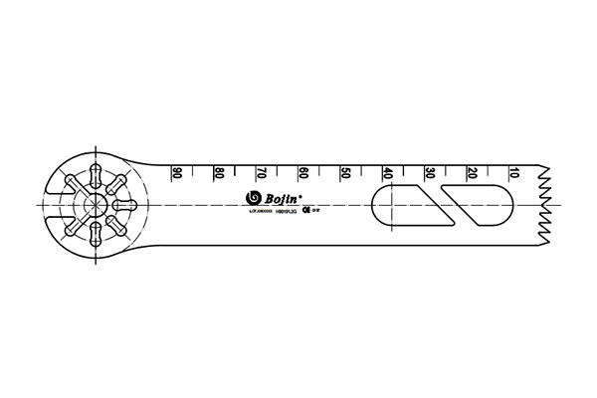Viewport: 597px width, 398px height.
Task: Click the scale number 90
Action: pyautogui.click(x=177, y=172)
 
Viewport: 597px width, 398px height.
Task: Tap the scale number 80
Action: pyautogui.click(x=219, y=172)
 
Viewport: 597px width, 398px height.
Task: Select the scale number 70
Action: pyautogui.click(x=261, y=172)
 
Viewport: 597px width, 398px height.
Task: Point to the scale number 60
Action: pyautogui.click(x=302, y=172)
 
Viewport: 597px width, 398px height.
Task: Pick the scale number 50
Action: pyautogui.click(x=344, y=172)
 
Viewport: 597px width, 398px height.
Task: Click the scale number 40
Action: pyautogui.click(x=387, y=172)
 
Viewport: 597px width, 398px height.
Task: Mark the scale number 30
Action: pyautogui.click(x=429, y=172)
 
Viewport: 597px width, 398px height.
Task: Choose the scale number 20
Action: pyautogui.click(x=471, y=172)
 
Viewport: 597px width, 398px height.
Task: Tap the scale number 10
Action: pyautogui.click(x=512, y=172)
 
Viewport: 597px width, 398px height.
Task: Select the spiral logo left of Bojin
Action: pyautogui.click(x=253, y=197)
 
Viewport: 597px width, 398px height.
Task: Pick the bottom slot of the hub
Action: pyautogui.click(x=97, y=236)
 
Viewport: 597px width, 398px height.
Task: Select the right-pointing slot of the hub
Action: pyautogui.click(x=126, y=204)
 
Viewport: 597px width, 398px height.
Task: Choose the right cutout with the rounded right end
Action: pyautogui.click(x=478, y=204)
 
